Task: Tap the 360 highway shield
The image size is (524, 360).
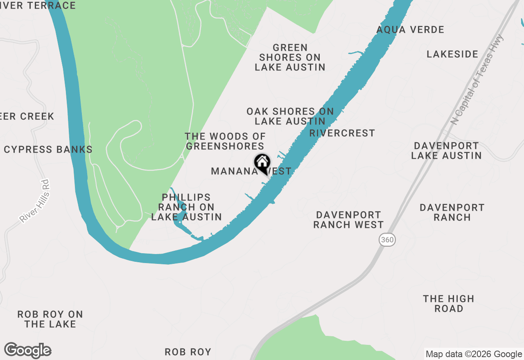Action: click(387, 240)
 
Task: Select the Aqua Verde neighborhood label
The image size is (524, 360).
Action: click(410, 30)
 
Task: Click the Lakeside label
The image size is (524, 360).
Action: click(452, 54)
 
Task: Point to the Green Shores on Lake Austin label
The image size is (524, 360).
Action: click(290, 57)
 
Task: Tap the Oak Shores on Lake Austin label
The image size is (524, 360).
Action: click(290, 116)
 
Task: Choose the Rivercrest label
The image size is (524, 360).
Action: click(342, 133)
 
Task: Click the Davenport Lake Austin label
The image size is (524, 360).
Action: click(446, 151)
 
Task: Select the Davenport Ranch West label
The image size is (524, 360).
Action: click(348, 220)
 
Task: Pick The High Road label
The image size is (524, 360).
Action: click(449, 304)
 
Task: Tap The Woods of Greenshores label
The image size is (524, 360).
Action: click(225, 141)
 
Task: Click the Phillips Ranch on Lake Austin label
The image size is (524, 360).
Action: click(186, 207)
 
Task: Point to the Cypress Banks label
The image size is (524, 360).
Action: click(48, 149)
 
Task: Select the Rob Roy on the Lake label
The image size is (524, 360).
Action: click(50, 319)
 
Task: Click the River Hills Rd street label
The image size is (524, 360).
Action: click(34, 201)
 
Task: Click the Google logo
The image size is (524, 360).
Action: click(28, 350)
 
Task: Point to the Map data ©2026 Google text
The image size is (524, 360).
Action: click(474, 354)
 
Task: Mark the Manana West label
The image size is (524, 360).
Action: click(251, 171)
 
